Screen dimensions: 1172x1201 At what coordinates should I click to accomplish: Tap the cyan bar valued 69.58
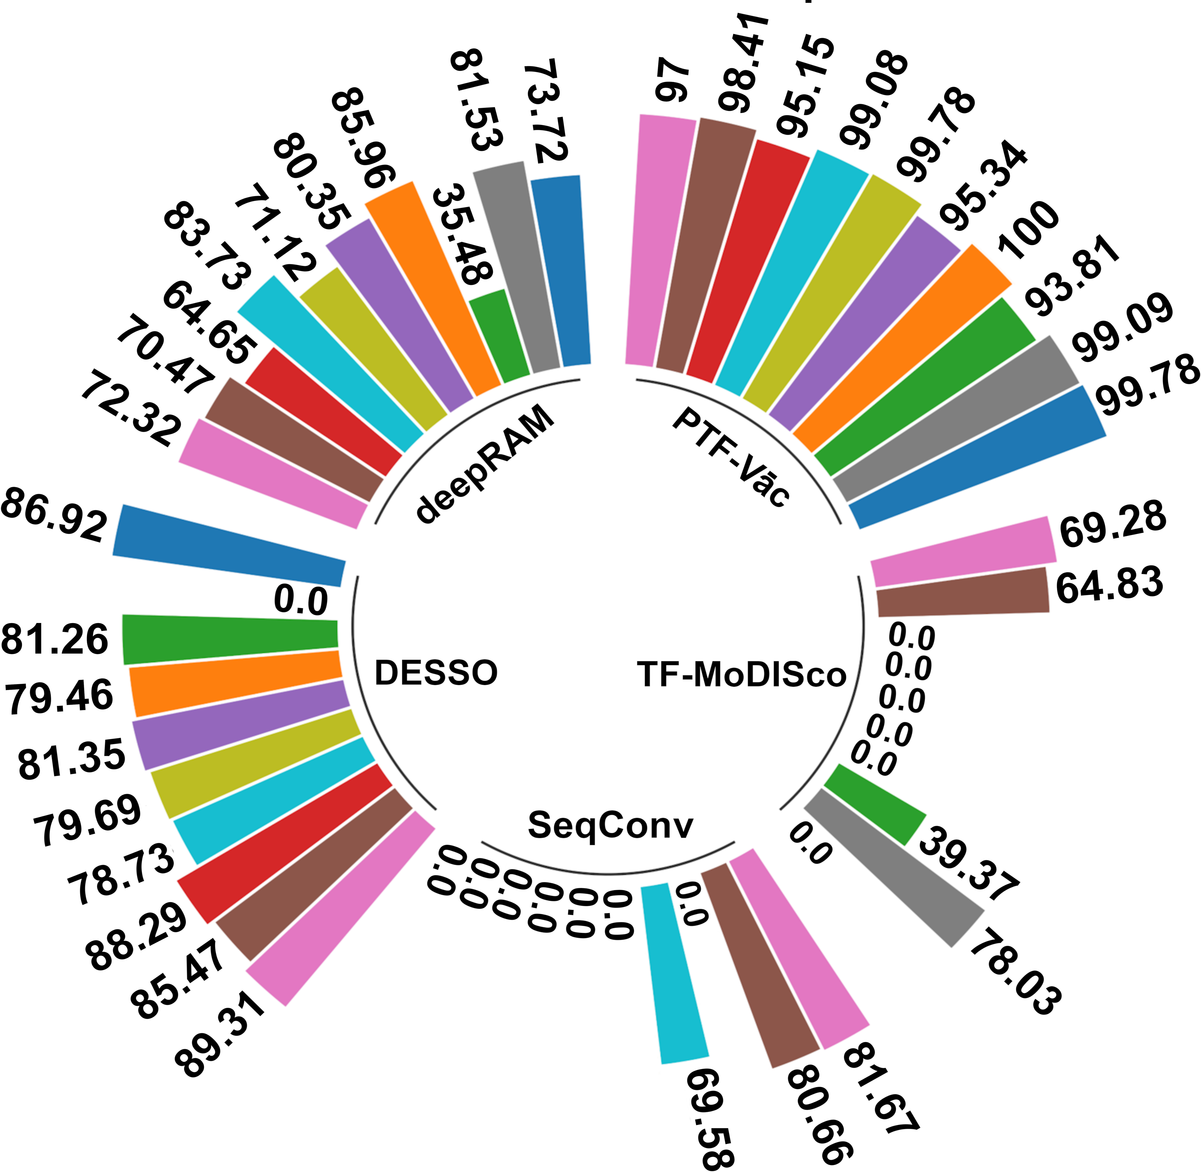[x=674, y=972]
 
